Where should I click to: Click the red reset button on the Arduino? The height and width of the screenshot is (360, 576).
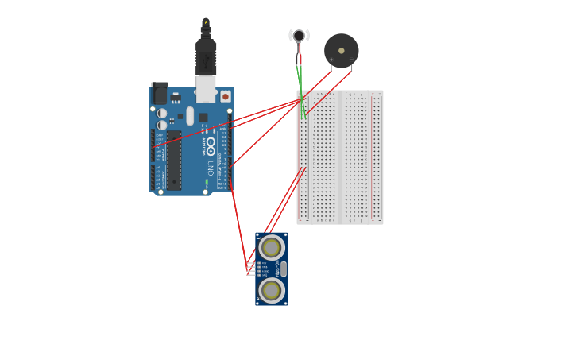point(225,97)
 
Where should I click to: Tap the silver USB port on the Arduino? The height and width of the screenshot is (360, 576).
point(206,88)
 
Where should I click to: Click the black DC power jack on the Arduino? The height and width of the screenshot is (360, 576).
point(160,94)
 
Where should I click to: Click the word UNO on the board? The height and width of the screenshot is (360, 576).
point(211,168)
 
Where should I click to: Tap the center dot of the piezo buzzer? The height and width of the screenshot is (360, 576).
point(342,51)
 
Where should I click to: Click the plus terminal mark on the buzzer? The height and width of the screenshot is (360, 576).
point(331,60)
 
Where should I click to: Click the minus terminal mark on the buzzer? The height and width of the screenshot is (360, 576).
point(351,60)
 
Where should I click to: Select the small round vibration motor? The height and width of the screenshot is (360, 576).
point(299,35)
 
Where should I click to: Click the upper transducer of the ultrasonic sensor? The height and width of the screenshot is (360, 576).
point(271,248)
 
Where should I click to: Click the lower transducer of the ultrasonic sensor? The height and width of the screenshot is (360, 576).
point(271,290)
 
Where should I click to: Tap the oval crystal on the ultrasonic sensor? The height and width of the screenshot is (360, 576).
point(284,269)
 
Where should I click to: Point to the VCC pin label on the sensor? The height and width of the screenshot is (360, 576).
point(263,263)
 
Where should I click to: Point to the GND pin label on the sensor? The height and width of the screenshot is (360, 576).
point(263,275)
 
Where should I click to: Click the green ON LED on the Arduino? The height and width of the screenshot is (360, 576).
point(206,183)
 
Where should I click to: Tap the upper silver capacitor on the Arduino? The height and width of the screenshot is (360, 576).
point(162,114)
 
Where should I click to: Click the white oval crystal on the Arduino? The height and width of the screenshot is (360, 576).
point(190,116)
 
